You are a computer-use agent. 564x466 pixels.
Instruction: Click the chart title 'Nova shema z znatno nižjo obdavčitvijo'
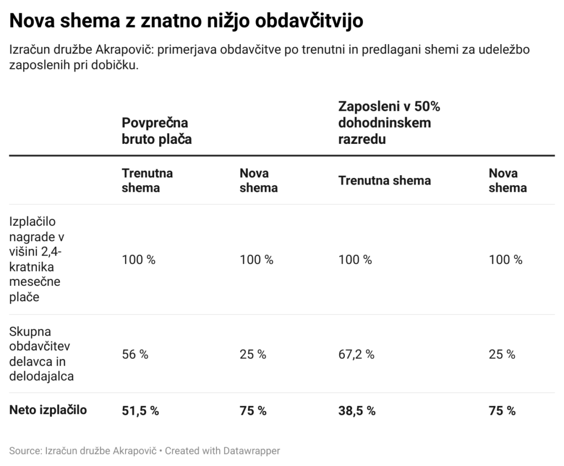click(186, 21)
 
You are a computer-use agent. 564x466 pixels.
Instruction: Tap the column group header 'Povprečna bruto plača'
click(156, 131)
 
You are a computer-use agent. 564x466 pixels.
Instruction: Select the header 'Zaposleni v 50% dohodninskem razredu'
click(389, 123)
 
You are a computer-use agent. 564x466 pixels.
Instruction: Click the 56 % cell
click(135, 354)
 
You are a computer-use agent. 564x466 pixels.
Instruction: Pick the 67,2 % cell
click(356, 354)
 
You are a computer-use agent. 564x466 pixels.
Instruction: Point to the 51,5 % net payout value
click(140, 410)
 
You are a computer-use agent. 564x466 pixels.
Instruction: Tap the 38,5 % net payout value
click(357, 410)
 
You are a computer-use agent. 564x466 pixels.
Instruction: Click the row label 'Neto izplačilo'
click(48, 410)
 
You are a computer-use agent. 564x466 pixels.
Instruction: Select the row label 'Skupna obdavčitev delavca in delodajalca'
click(41, 354)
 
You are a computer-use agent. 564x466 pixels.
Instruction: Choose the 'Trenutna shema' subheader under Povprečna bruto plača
click(147, 180)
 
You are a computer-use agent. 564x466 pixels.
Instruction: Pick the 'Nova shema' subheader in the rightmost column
click(507, 180)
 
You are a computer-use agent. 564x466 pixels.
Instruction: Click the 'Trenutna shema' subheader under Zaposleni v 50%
click(384, 181)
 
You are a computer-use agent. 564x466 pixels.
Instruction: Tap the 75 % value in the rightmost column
click(502, 410)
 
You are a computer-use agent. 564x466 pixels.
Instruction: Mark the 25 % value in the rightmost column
click(502, 354)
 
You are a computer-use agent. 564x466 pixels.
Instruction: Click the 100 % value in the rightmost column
click(506, 259)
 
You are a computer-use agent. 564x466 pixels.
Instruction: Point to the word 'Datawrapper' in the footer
click(251, 451)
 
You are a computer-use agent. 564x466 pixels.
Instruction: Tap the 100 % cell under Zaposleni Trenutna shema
click(355, 259)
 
